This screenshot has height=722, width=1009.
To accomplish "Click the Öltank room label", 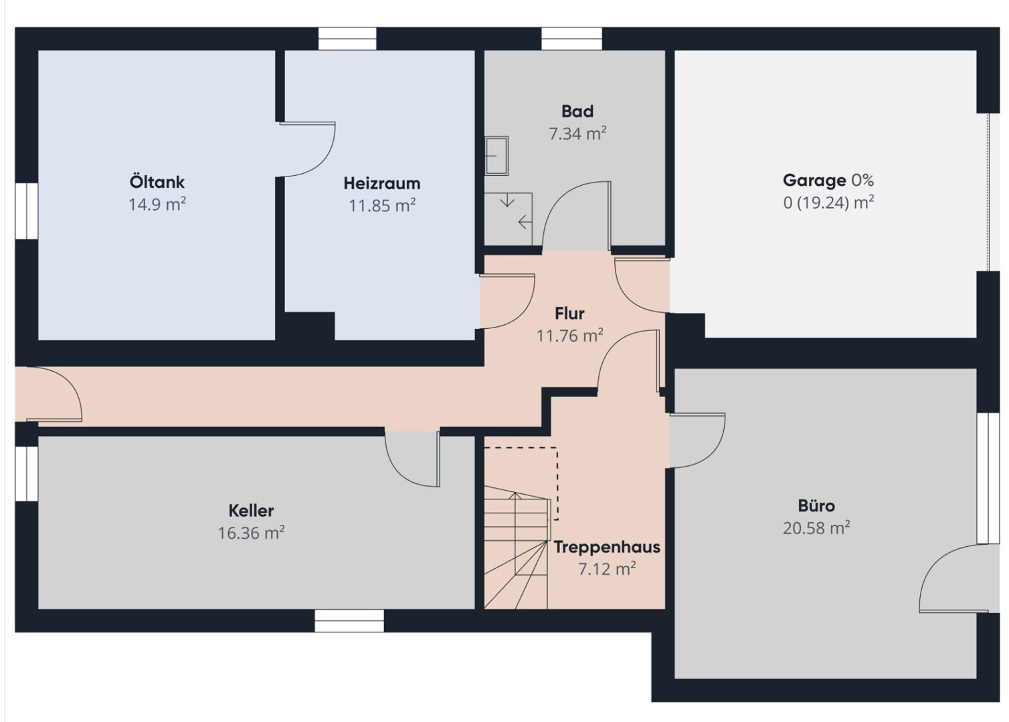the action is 157,183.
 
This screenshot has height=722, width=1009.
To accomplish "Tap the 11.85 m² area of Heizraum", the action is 382,206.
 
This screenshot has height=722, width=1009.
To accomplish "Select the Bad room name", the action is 577,111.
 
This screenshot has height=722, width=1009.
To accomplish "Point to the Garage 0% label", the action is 828,180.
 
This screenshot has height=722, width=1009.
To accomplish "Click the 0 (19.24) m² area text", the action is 828,203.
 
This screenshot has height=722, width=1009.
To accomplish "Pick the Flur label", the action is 570,314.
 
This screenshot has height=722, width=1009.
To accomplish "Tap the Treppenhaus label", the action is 607,547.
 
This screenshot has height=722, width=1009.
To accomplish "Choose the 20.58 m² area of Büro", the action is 816,527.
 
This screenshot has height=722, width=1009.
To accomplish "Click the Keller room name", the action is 251,511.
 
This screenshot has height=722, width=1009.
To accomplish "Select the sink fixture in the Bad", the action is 496,156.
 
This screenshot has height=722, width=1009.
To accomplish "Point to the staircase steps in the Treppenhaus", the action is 517,552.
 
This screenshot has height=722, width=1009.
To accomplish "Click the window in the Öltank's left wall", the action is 27,211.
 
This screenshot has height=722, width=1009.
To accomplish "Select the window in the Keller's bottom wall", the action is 349,621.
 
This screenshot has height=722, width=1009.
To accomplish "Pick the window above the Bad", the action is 571,39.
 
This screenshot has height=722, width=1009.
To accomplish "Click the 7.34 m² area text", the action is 577,134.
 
